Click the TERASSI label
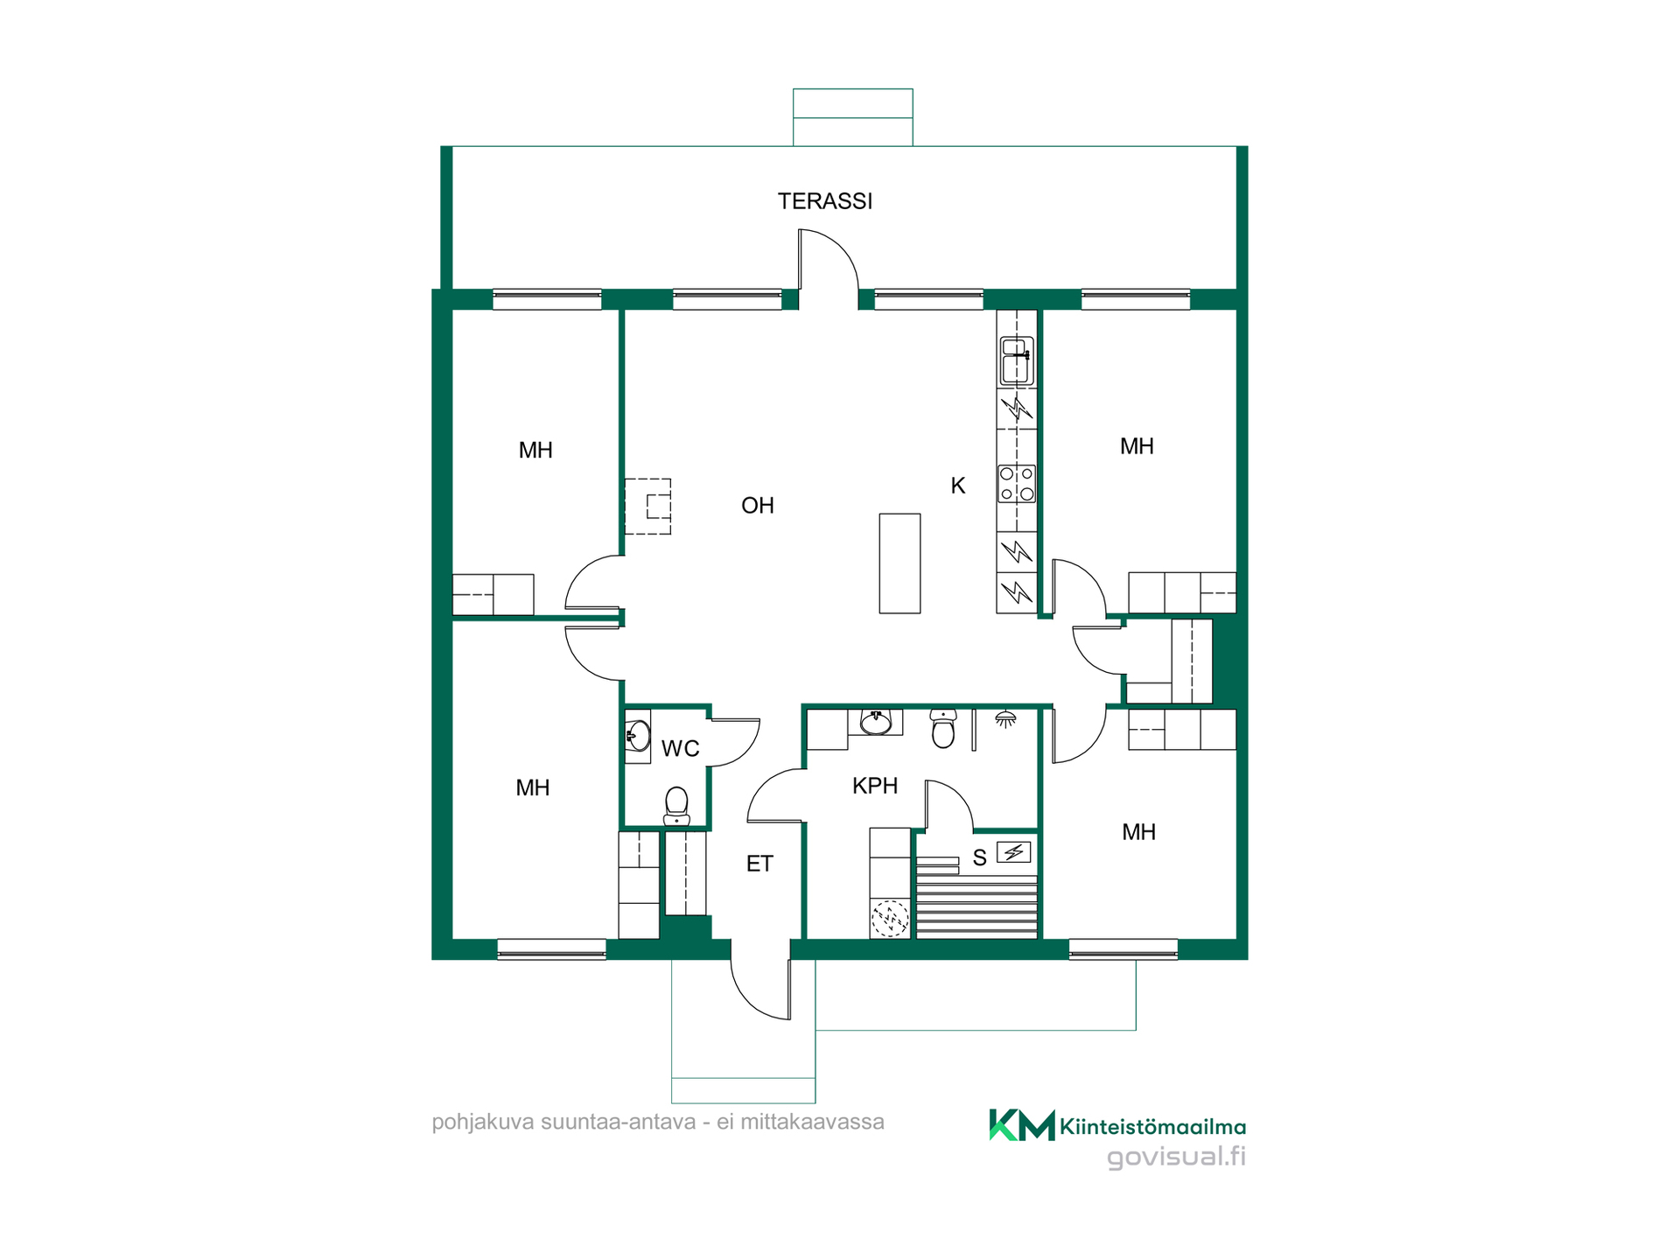coord(825,201)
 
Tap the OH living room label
coord(758,506)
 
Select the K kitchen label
coord(958,486)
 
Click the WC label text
coord(680,749)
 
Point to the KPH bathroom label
coord(875,786)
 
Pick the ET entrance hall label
coord(759,864)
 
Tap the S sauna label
coord(980,858)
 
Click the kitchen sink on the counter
coord(1017,361)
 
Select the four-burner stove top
coord(1017,484)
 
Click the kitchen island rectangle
coord(899,563)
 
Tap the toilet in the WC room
coord(676,807)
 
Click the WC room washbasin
coord(638,736)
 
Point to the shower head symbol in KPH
coord(1006,720)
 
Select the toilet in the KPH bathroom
coord(943,729)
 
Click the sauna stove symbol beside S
coord(1014,851)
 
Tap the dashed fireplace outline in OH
coord(648,507)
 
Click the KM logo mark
coord(1021,1125)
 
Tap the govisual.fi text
coord(1176,1158)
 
